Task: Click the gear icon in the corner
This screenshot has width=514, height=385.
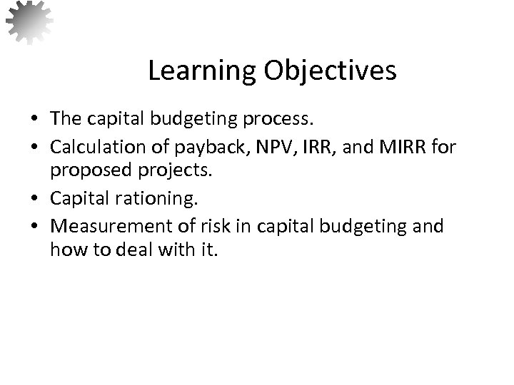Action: point(29,21)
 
